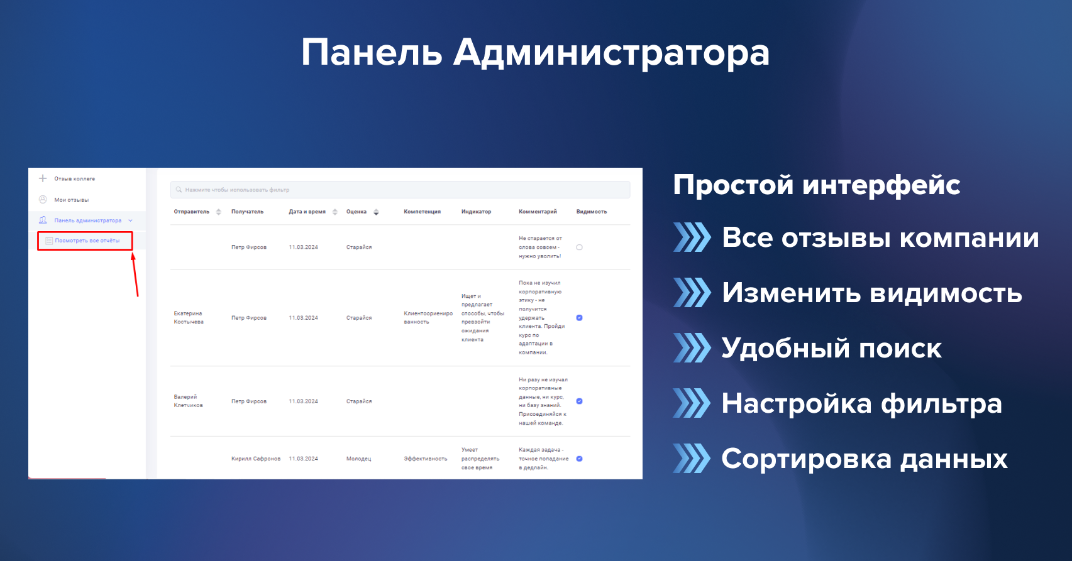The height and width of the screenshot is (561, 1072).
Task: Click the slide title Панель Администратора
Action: [x=535, y=53]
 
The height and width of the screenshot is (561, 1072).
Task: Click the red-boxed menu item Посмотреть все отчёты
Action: [x=87, y=241]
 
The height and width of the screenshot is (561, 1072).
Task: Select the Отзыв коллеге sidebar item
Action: [x=74, y=179]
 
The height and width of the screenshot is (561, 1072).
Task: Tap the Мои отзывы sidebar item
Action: [x=71, y=200]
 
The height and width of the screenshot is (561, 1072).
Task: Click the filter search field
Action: [x=400, y=190]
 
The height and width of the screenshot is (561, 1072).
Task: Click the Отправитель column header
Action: [x=191, y=211]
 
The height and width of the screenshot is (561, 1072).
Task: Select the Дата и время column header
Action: [x=307, y=211]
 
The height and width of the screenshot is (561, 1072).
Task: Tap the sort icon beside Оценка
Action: [x=376, y=212]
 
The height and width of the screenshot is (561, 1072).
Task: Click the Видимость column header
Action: [x=592, y=211]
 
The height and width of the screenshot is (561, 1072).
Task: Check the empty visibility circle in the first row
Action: [x=580, y=248]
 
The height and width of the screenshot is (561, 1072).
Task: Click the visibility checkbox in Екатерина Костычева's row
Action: [x=580, y=318]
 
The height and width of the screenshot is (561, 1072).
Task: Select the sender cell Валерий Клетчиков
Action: [x=188, y=401]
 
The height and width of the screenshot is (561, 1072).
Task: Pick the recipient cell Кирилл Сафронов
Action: [x=255, y=459]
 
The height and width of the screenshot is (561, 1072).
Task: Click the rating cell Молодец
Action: [x=358, y=459]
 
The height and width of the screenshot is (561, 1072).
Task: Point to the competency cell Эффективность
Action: [x=426, y=459]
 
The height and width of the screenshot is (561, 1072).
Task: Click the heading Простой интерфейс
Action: [x=817, y=185]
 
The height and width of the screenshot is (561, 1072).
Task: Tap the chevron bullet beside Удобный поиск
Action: [x=692, y=347]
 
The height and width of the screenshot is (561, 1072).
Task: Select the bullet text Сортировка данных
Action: [x=865, y=459]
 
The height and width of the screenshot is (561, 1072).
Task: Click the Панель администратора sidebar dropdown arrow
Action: [x=130, y=221]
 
